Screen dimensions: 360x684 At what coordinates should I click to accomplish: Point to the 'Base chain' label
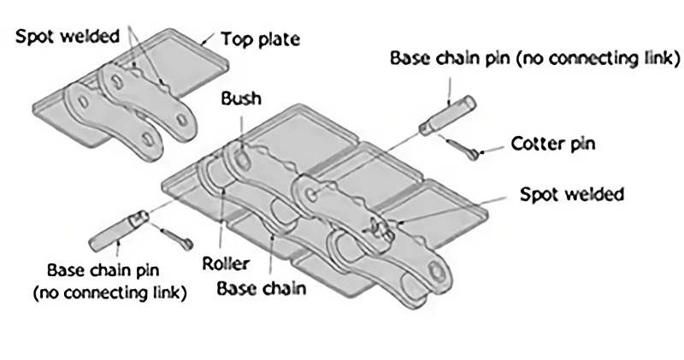[x=261, y=287]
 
